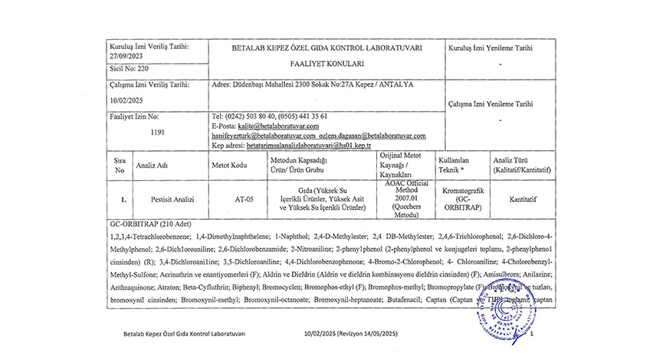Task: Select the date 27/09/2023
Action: tap(127, 55)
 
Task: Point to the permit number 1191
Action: tap(159, 132)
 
